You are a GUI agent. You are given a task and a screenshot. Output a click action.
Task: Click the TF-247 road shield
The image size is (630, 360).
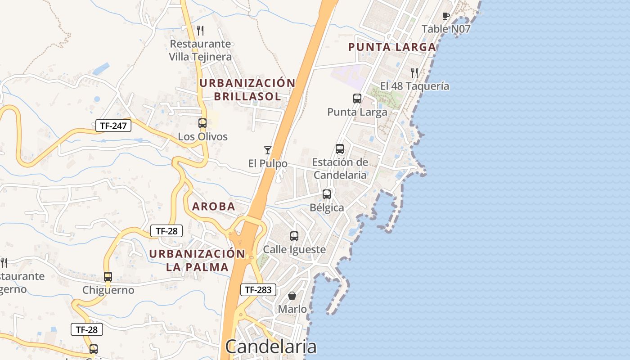(x=113, y=126)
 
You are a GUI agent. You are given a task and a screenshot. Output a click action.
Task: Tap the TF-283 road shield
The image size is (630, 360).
(x=258, y=290)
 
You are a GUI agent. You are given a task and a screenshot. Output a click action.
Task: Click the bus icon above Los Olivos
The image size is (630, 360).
(x=202, y=123)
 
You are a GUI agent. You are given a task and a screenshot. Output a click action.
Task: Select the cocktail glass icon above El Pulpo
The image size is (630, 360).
(x=268, y=150)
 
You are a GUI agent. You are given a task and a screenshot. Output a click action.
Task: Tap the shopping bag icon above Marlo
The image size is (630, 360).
(x=292, y=296)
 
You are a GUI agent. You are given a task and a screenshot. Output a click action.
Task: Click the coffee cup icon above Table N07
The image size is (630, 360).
(x=445, y=16)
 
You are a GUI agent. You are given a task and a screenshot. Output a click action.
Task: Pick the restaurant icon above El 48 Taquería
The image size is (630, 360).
(x=414, y=72)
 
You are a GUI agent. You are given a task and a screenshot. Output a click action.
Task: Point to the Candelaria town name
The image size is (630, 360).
(x=271, y=347)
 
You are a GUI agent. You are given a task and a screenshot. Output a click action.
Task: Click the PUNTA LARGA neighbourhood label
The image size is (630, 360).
(x=392, y=47)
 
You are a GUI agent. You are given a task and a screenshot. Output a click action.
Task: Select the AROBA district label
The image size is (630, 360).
(x=214, y=207)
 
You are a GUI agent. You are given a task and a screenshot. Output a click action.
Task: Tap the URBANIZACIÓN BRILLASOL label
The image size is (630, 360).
(x=247, y=90)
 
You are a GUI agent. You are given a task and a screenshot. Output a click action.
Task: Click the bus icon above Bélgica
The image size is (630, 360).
(x=327, y=194)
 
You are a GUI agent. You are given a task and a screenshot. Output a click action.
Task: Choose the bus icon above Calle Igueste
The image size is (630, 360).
(x=294, y=236)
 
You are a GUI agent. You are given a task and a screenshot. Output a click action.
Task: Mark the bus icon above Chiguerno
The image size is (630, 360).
(x=108, y=276)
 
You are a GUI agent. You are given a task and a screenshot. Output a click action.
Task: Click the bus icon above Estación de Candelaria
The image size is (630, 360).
(x=340, y=148)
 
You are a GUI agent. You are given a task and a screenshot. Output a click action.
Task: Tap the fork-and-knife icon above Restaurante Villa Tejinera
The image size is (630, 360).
(x=200, y=31)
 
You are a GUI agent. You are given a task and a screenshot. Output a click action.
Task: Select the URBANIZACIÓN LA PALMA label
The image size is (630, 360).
(x=197, y=260)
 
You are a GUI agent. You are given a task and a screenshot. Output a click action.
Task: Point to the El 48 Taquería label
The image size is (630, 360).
(x=414, y=86)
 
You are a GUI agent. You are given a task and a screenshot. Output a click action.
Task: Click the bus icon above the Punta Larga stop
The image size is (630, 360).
(x=357, y=98)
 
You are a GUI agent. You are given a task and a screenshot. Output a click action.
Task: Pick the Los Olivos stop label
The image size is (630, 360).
(x=202, y=136)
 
